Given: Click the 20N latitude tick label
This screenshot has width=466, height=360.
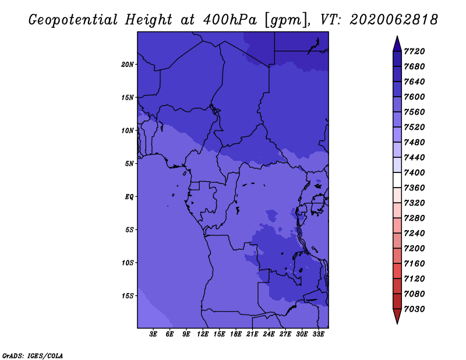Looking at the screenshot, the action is coord(128,65).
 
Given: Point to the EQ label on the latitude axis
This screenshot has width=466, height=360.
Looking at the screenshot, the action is coord(129,197).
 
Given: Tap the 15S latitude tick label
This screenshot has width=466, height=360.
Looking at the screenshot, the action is coord(128,296).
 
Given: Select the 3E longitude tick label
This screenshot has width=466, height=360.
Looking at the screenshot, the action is coord(153,334).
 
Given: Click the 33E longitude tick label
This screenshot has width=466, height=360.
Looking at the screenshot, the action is coord(318,334).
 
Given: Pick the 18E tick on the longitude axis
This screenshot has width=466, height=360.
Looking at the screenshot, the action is coord(236,334).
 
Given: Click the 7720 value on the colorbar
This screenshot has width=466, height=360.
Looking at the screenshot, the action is coord(414,51).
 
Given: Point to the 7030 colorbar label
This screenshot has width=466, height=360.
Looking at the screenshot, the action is coord(414,309).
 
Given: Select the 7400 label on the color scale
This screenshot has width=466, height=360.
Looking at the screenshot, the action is coord(414,172).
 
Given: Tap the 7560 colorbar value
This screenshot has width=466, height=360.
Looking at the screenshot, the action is coord(414,112).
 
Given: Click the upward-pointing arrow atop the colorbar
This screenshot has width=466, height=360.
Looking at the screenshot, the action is coord(397,44).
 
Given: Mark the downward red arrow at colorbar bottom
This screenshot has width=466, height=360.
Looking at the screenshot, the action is coord(397,316).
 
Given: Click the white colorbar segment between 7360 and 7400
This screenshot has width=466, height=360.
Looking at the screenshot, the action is coord(397,180).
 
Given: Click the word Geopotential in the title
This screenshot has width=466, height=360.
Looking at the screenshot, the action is coord(73,20).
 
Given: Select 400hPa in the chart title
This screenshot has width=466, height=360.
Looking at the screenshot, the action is coord(230,20).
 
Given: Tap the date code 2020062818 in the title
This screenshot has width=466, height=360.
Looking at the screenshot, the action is coord(394,20).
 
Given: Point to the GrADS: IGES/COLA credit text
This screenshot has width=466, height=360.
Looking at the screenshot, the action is coord(33,356).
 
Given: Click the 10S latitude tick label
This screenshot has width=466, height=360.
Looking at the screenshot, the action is coord(128,263).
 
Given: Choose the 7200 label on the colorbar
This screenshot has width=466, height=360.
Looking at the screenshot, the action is coord(414,249).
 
